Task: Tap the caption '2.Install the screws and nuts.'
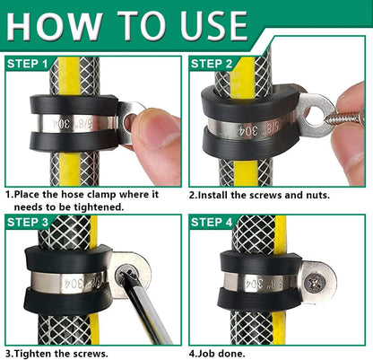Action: coord(259,194)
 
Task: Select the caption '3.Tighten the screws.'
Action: coord(57,352)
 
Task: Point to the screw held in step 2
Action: coord(345,118)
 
